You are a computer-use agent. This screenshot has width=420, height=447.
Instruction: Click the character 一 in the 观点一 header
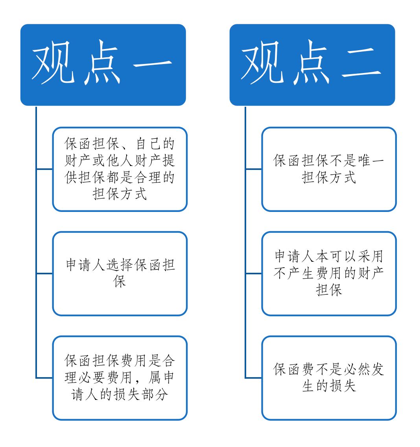tap(153, 64)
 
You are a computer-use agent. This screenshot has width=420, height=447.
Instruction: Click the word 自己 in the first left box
tap(148, 143)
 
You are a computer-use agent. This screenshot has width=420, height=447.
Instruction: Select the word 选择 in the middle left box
tap(120, 265)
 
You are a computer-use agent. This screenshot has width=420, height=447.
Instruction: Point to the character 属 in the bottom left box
tap(155, 378)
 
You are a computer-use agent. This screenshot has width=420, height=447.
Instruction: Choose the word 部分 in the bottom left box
tap(155, 394)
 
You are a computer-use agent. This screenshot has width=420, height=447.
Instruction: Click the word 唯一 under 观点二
tap(371, 161)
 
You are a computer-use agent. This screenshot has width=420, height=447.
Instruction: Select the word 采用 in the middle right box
tap(370, 256)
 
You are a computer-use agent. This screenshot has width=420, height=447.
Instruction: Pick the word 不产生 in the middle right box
tap(294, 274)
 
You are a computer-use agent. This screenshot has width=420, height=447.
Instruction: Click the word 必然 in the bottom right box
tap(357, 369)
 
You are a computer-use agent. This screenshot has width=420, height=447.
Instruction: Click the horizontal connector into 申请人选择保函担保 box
tap(44, 274)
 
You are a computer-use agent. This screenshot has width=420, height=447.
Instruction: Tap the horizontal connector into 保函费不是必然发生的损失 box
tap(254, 378)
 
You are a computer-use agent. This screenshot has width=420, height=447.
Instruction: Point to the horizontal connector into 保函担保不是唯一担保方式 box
tap(254, 169)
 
